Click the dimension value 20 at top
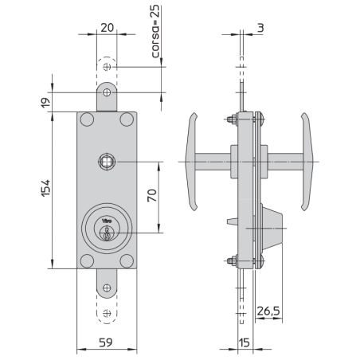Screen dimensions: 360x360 pyautogui.click(x=106, y=25)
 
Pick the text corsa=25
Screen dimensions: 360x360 pyautogui.click(x=155, y=33)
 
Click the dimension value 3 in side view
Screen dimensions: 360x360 pyautogui.click(x=261, y=25)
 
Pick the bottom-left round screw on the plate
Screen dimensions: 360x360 pyautogui.click(x=87, y=260)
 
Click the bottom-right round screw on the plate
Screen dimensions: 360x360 pyautogui.click(x=126, y=260)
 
